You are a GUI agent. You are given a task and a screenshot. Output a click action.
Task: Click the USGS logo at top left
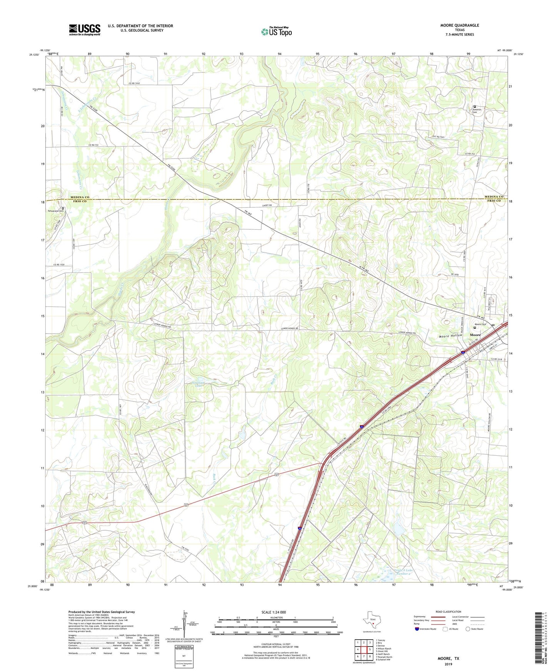coord(84,30)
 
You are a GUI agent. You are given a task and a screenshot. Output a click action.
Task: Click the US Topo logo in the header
coord(276,32)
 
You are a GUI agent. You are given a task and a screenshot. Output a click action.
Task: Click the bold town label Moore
coord(475,335)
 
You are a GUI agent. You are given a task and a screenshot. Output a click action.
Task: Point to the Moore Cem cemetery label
coord(481,324)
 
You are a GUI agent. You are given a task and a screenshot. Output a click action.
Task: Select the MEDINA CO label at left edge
coord(80,197)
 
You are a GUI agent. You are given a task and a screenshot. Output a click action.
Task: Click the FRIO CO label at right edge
coord(494,201)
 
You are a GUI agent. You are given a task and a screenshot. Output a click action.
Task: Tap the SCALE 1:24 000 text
coord(273,612)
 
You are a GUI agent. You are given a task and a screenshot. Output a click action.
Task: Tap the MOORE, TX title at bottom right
coord(448,659)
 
